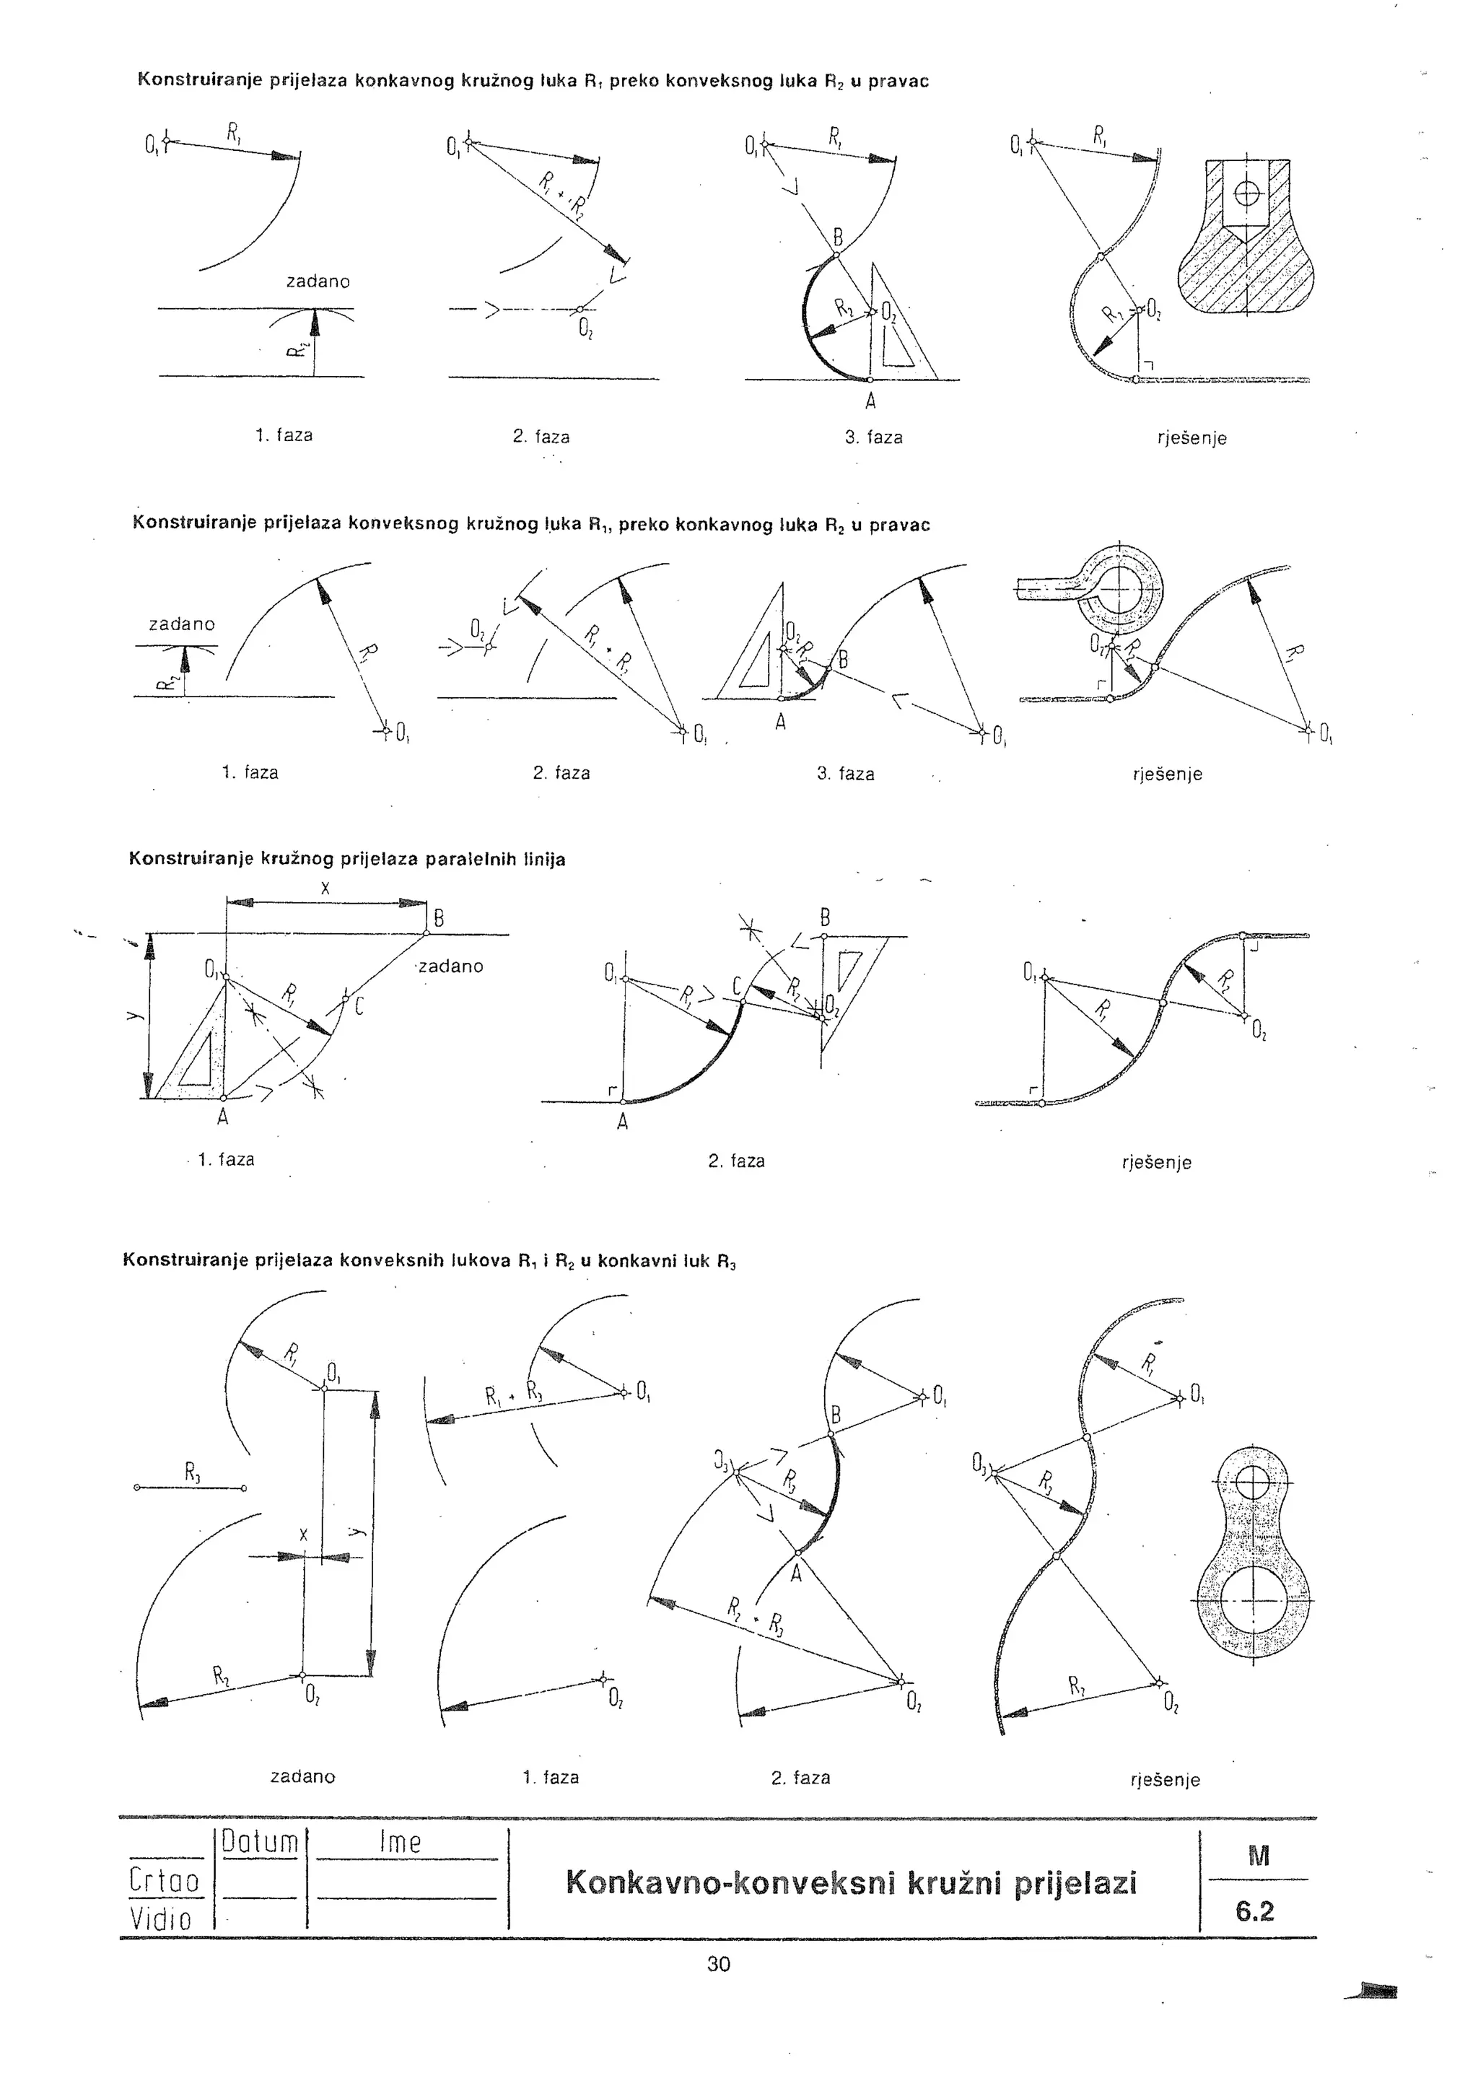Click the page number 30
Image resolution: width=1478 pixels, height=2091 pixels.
[719, 1965]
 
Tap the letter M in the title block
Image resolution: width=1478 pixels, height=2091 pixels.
[1258, 1857]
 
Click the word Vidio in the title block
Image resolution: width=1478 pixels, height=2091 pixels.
[161, 1920]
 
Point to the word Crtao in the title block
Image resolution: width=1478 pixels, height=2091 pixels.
[164, 1881]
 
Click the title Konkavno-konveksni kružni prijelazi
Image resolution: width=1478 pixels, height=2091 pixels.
[852, 1882]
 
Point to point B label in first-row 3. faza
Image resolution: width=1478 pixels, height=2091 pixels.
[839, 240]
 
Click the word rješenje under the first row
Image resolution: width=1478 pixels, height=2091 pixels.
[1191, 438]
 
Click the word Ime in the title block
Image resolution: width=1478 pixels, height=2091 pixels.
[400, 1843]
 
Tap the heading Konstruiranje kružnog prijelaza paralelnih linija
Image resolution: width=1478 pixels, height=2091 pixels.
[347, 859]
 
